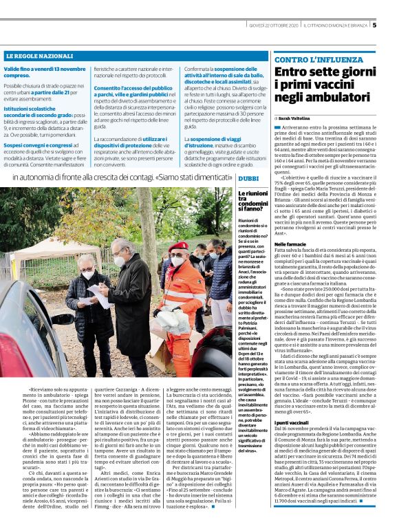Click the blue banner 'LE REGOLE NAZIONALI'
pyautogui.click(x=39, y=55)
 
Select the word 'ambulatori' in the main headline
pyautogui.click(x=336, y=98)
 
